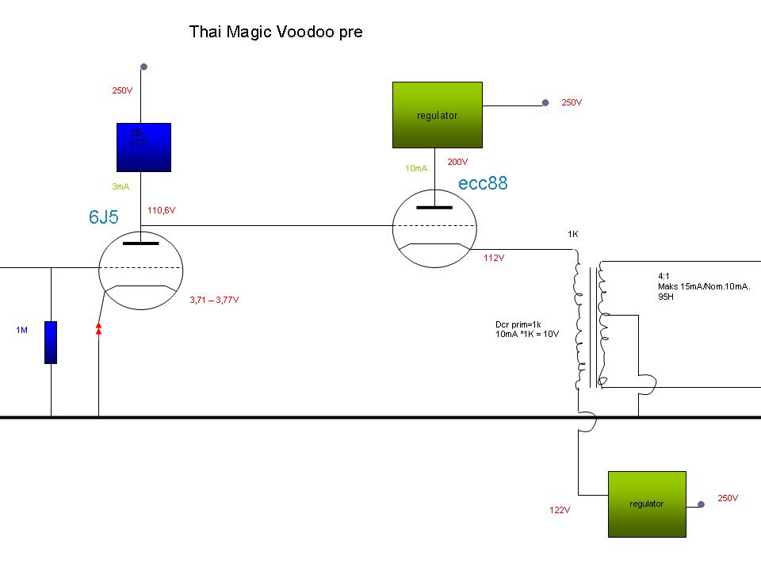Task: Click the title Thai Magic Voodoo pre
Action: pos(276,33)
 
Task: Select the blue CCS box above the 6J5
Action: pos(143,148)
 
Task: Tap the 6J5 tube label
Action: pos(104,217)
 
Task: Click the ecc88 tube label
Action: pos(483,183)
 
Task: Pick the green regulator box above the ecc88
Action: pos(437,115)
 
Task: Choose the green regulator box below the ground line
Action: pos(646,504)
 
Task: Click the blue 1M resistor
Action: pos(51,342)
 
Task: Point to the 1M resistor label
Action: pos(21,329)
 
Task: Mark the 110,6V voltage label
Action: pos(161,211)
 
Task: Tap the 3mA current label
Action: pos(121,186)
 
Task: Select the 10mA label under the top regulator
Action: pos(416,168)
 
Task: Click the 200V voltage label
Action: pos(457,162)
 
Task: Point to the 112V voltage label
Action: pos(494,258)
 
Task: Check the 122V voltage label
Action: pos(560,510)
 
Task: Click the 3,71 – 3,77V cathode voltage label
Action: pos(214,300)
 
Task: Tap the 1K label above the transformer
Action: pos(573,235)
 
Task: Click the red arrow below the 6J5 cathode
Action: pos(98,328)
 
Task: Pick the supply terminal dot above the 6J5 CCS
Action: pos(143,67)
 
